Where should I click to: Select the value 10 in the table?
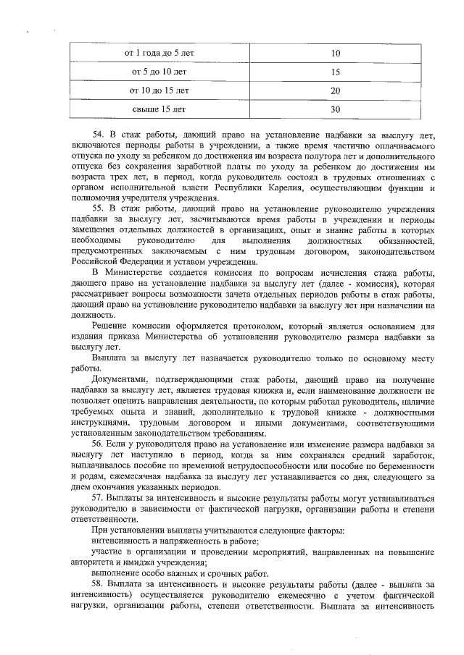point(335,54)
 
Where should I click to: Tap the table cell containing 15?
point(335,72)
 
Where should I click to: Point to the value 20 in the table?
point(335,91)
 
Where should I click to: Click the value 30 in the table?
point(335,110)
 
